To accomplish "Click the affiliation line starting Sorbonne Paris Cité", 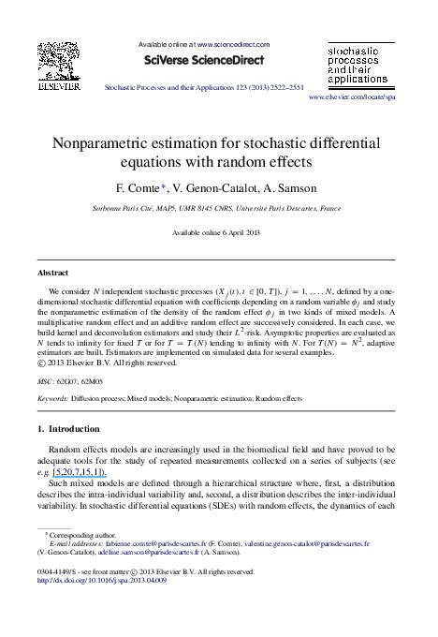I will click(x=217, y=209).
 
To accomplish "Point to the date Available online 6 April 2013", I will click(x=217, y=232).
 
